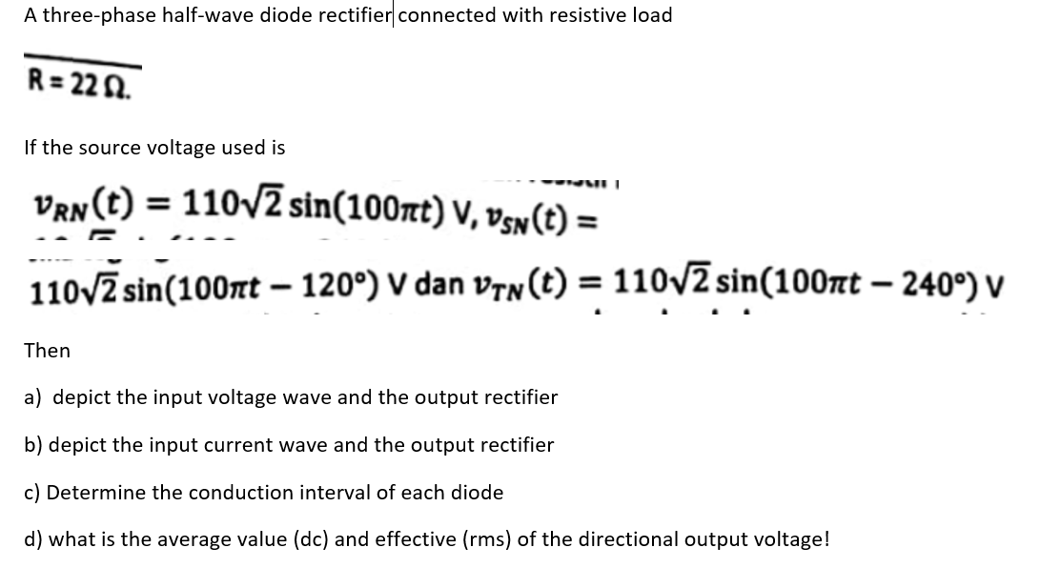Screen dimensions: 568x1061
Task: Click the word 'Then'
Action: pyautogui.click(x=47, y=351)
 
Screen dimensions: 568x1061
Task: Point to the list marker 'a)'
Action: pyautogui.click(x=33, y=397)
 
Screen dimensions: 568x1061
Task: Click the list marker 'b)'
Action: pyautogui.click(x=33, y=445)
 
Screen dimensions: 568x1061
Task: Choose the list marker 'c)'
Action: pyautogui.click(x=32, y=493)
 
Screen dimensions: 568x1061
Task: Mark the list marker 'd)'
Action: pyautogui.click(x=33, y=539)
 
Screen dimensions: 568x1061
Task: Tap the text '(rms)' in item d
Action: pyautogui.click(x=485, y=539)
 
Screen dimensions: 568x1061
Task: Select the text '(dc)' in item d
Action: pyautogui.click(x=305, y=539)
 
